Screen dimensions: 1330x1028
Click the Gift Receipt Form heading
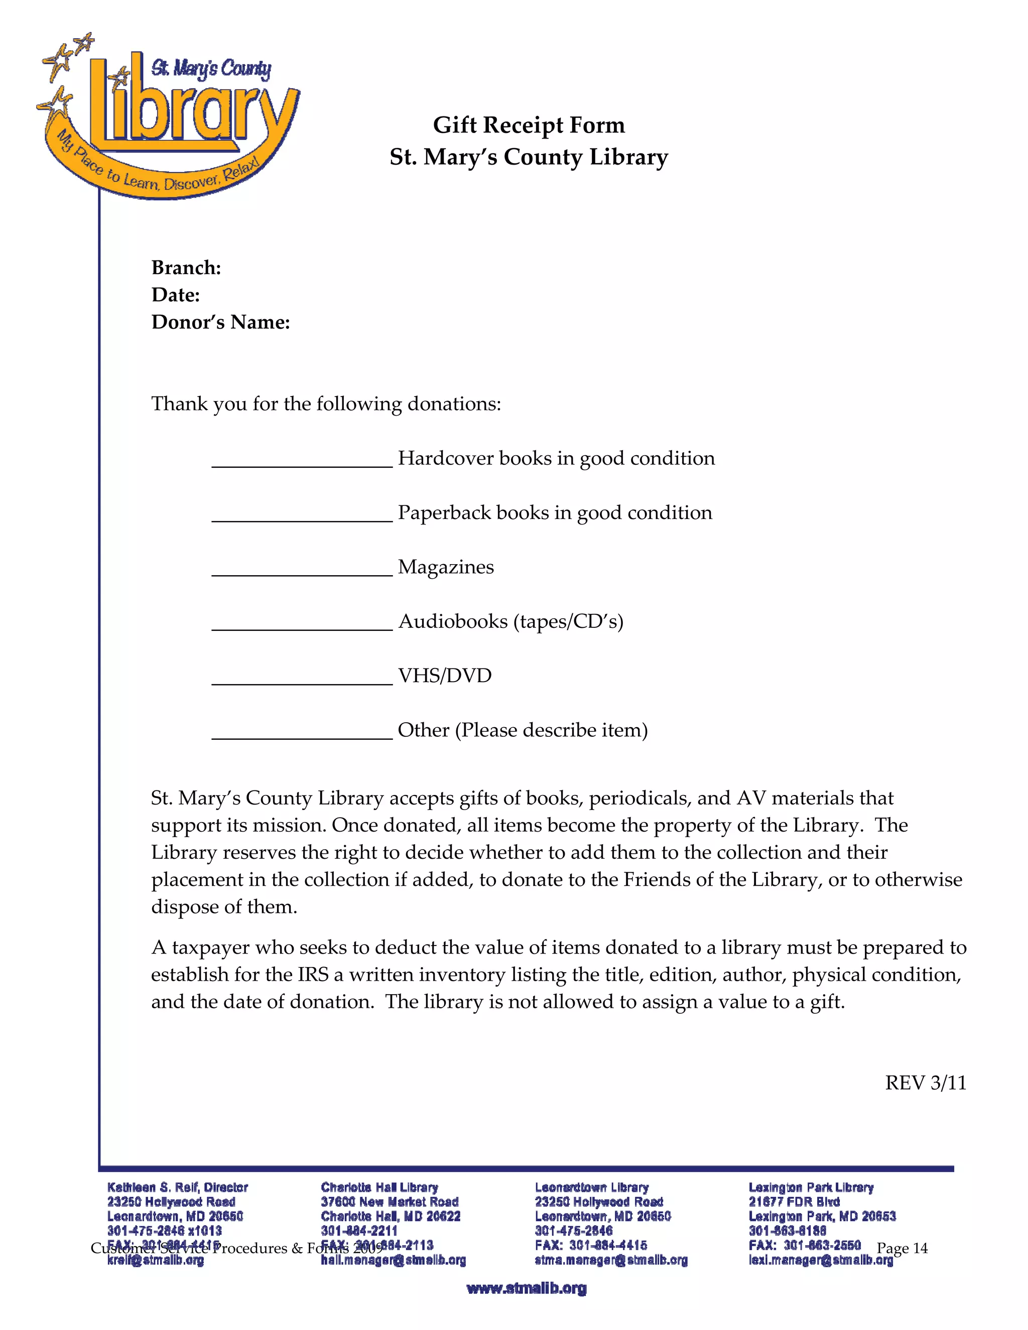point(529,125)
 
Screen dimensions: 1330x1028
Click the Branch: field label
point(186,268)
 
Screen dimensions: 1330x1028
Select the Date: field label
point(175,295)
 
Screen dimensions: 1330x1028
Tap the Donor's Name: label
point(220,322)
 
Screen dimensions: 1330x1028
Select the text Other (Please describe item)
point(523,730)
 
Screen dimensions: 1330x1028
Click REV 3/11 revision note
point(925,1083)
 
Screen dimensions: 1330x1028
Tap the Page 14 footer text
point(902,1248)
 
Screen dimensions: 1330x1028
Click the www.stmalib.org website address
point(526,1288)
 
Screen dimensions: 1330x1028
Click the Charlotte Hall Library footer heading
point(379,1187)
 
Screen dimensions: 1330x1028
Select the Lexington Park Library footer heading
point(811,1187)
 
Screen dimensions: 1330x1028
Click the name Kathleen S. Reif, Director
point(177,1187)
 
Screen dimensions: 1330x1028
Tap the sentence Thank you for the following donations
point(326,404)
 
